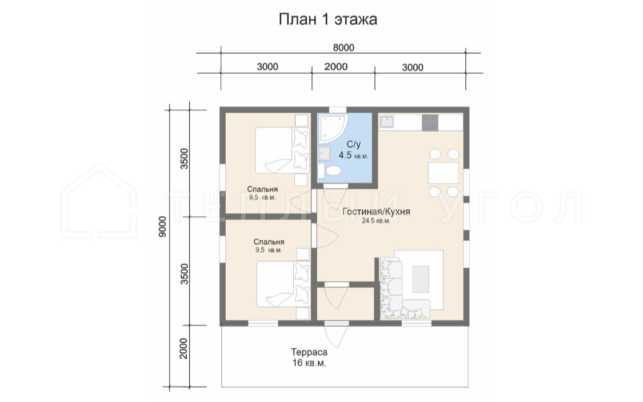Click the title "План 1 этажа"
(328, 19)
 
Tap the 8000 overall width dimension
(344, 47)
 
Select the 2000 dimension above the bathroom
(336, 66)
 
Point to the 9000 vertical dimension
(163, 226)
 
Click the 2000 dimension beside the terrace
(183, 348)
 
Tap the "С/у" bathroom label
(353, 145)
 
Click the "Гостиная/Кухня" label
(376, 212)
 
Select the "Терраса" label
(309, 352)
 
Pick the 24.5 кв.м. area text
(376, 221)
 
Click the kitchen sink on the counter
(386, 122)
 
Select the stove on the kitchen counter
(430, 122)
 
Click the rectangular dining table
(444, 173)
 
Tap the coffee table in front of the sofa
(420, 279)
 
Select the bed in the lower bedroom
(283, 284)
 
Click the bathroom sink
(325, 153)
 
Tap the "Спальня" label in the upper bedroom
(262, 189)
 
